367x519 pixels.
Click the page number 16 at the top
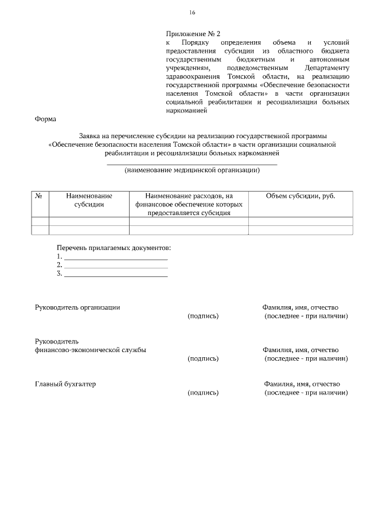click(192, 13)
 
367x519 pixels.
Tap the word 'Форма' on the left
click(46, 119)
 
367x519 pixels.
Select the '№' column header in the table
click(40, 196)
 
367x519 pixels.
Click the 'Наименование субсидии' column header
click(89, 200)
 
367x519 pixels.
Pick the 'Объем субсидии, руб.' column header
click(300, 196)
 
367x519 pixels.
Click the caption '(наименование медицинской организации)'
click(192, 170)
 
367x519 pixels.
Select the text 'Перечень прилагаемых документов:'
click(114, 248)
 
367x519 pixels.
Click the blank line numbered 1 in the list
click(115, 257)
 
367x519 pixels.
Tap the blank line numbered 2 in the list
click(115, 266)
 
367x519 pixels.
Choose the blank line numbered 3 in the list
click(115, 274)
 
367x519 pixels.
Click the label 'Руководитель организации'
click(77, 307)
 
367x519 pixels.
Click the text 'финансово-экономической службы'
click(90, 350)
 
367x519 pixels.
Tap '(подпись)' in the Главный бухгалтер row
click(203, 393)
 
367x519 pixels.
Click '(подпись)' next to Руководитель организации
click(203, 316)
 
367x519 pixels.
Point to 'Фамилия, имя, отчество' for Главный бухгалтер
click(302, 384)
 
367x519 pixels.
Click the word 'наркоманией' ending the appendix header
click(186, 111)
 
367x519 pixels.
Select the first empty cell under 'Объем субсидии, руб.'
click(300, 221)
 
